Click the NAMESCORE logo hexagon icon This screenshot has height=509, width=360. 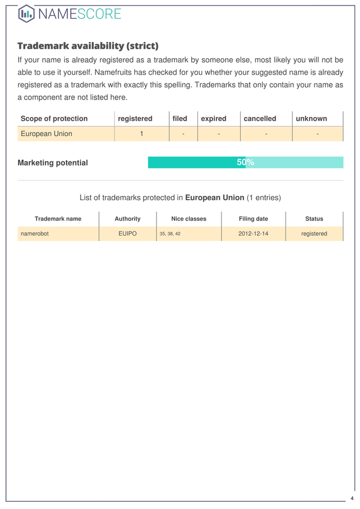click(x=26, y=13)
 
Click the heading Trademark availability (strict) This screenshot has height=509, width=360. click(x=88, y=46)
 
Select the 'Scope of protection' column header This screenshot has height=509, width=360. click(x=54, y=119)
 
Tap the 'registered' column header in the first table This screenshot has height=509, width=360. click(x=135, y=119)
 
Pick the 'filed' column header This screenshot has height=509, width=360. click(x=179, y=119)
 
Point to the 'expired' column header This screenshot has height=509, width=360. click(x=214, y=119)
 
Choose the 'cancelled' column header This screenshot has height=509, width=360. click(x=260, y=119)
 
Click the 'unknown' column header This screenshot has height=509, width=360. click(x=311, y=119)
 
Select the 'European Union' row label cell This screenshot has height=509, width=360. click(x=46, y=134)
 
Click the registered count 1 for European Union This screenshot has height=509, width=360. click(x=141, y=134)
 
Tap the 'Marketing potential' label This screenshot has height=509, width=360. click(x=53, y=162)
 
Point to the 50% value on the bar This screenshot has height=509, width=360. click(x=245, y=162)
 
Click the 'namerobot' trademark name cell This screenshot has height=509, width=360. click(x=34, y=234)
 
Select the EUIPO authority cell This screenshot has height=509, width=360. click(x=127, y=234)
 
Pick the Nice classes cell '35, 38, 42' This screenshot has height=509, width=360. click(x=170, y=234)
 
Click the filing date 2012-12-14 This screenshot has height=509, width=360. click(x=253, y=234)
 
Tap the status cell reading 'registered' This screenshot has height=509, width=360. click(x=314, y=234)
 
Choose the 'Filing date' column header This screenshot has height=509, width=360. click(x=253, y=219)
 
